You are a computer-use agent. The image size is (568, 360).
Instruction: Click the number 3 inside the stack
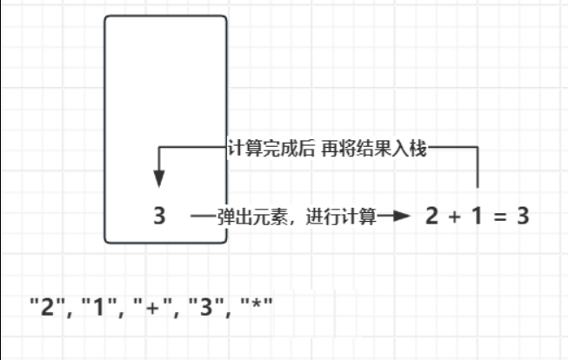click(159, 216)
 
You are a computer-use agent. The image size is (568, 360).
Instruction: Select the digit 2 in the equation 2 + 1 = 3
click(431, 217)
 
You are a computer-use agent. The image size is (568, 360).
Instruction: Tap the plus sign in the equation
click(453, 217)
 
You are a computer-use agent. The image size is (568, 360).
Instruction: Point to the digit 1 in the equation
click(476, 217)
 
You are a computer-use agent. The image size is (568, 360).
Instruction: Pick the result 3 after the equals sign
click(522, 217)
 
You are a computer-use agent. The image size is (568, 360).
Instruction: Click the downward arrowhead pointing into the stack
click(159, 178)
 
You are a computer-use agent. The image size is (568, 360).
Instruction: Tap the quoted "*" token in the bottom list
click(255, 307)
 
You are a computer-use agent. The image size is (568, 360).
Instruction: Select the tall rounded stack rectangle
click(165, 87)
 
